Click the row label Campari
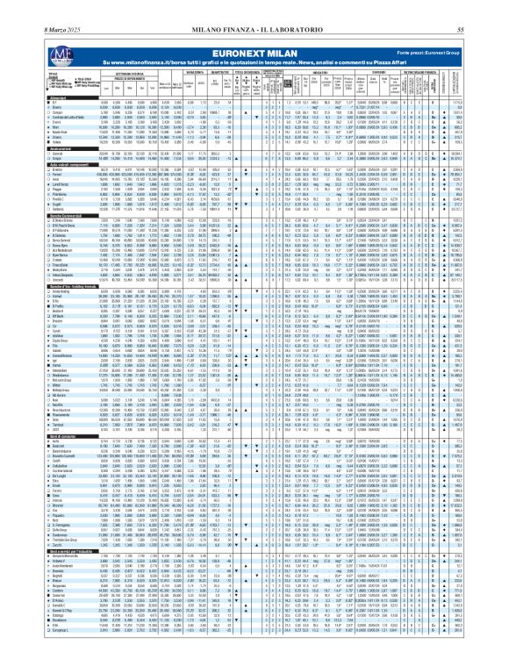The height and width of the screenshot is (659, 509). (x=18, y=112)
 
